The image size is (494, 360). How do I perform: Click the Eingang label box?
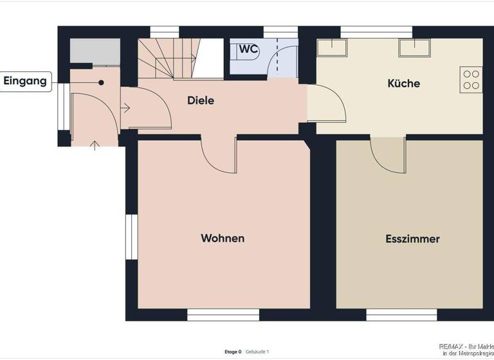coord(26,81)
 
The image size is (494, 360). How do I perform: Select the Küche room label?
coord(403,84)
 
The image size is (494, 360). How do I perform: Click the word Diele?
coord(200,101)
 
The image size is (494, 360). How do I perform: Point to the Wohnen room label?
coord(223,239)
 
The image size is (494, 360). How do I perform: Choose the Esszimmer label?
coord(412,239)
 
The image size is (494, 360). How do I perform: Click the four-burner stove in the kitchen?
coord(471,80)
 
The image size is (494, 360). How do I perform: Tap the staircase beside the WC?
coord(169,59)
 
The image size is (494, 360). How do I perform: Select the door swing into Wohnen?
coord(219,156)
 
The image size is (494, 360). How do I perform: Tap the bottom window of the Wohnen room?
coord(223,314)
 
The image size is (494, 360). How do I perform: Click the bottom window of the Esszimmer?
coord(401,314)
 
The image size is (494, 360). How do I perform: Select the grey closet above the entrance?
coord(95,51)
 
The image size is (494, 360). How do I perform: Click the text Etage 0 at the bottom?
coord(233,352)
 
